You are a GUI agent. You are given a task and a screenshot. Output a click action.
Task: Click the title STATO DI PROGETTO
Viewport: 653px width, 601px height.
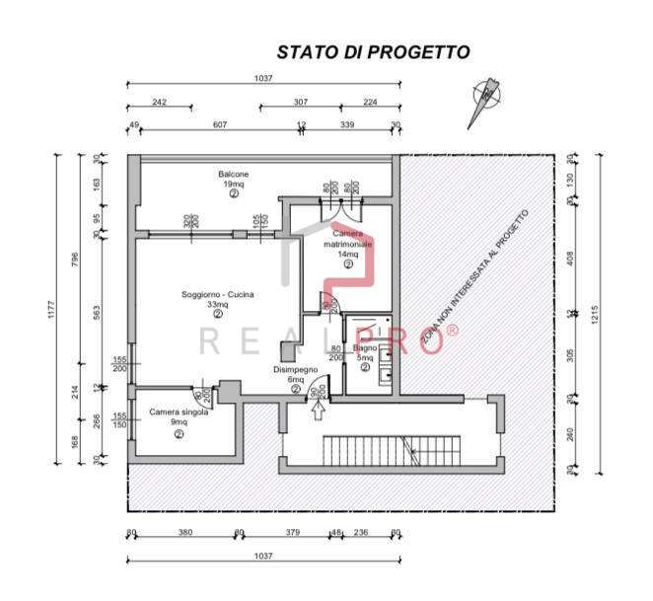coord(373,52)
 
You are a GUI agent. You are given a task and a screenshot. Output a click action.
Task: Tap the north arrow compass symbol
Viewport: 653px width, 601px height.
coord(485,100)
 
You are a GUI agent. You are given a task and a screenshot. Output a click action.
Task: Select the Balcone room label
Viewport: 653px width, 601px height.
coord(234,175)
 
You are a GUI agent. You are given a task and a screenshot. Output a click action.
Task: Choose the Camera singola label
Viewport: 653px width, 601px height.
coord(179,413)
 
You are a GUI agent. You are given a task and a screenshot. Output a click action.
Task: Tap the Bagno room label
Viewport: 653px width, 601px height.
coord(365,348)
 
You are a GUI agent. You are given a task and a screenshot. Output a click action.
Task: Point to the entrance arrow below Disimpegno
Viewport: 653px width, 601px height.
coord(316,413)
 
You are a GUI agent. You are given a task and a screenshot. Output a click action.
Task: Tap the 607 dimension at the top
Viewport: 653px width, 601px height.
coord(220,125)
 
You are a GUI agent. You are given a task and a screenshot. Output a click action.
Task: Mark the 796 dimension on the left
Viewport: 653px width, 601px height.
coord(75,259)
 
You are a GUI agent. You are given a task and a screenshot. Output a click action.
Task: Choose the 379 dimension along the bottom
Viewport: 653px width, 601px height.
coord(292,533)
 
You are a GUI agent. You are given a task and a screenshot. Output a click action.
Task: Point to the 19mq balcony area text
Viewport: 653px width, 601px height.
coord(234,185)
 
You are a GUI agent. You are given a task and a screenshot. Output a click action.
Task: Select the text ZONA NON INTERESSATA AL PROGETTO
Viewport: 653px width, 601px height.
coord(475,280)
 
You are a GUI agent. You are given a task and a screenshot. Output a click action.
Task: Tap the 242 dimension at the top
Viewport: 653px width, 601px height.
coord(159,103)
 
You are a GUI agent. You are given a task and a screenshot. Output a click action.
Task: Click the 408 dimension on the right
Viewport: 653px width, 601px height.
coord(569,259)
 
